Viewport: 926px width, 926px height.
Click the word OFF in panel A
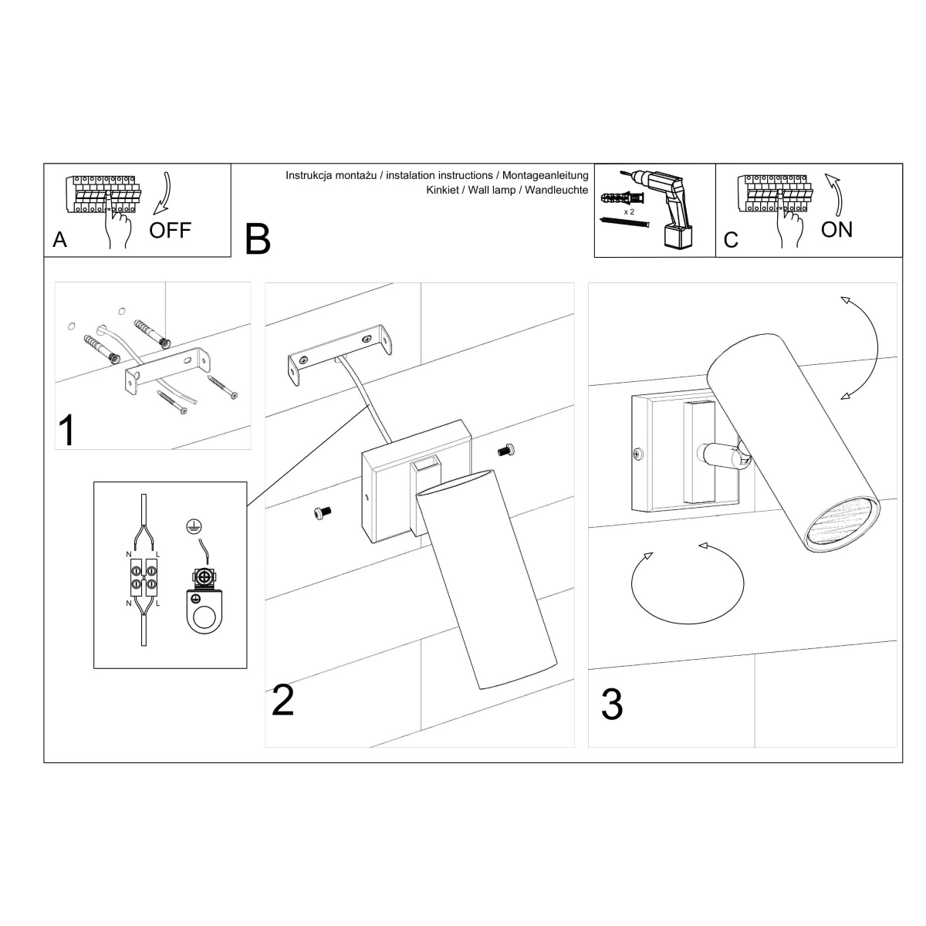(x=170, y=231)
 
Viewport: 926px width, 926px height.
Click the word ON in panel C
(x=836, y=230)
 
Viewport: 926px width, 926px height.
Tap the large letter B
(x=258, y=238)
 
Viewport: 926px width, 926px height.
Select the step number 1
(x=67, y=430)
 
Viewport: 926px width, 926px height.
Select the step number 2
(x=282, y=700)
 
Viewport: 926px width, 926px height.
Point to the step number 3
(x=612, y=704)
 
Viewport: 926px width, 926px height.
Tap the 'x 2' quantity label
(x=629, y=212)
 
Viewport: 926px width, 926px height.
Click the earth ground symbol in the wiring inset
(x=194, y=526)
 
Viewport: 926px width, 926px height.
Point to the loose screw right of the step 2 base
(x=506, y=450)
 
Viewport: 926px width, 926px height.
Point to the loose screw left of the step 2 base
(x=323, y=512)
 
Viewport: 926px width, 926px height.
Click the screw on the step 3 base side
(x=637, y=452)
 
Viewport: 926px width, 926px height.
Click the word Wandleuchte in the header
(x=556, y=190)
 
